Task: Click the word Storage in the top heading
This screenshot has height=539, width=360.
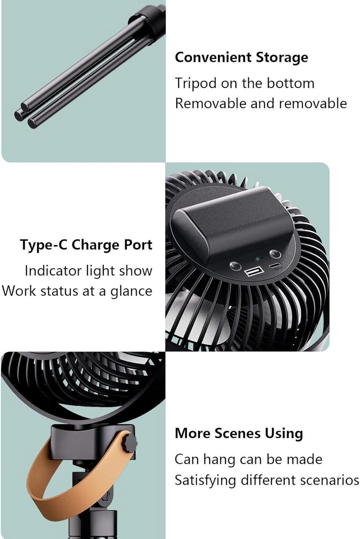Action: (x=281, y=58)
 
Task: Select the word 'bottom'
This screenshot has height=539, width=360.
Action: (x=290, y=83)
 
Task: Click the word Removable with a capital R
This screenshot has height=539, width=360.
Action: (x=211, y=103)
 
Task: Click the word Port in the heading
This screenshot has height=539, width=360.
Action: (x=138, y=245)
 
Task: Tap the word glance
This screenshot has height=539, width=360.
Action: (x=132, y=292)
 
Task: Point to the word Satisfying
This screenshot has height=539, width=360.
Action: (x=205, y=480)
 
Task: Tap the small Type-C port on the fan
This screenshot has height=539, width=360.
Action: (x=275, y=265)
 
